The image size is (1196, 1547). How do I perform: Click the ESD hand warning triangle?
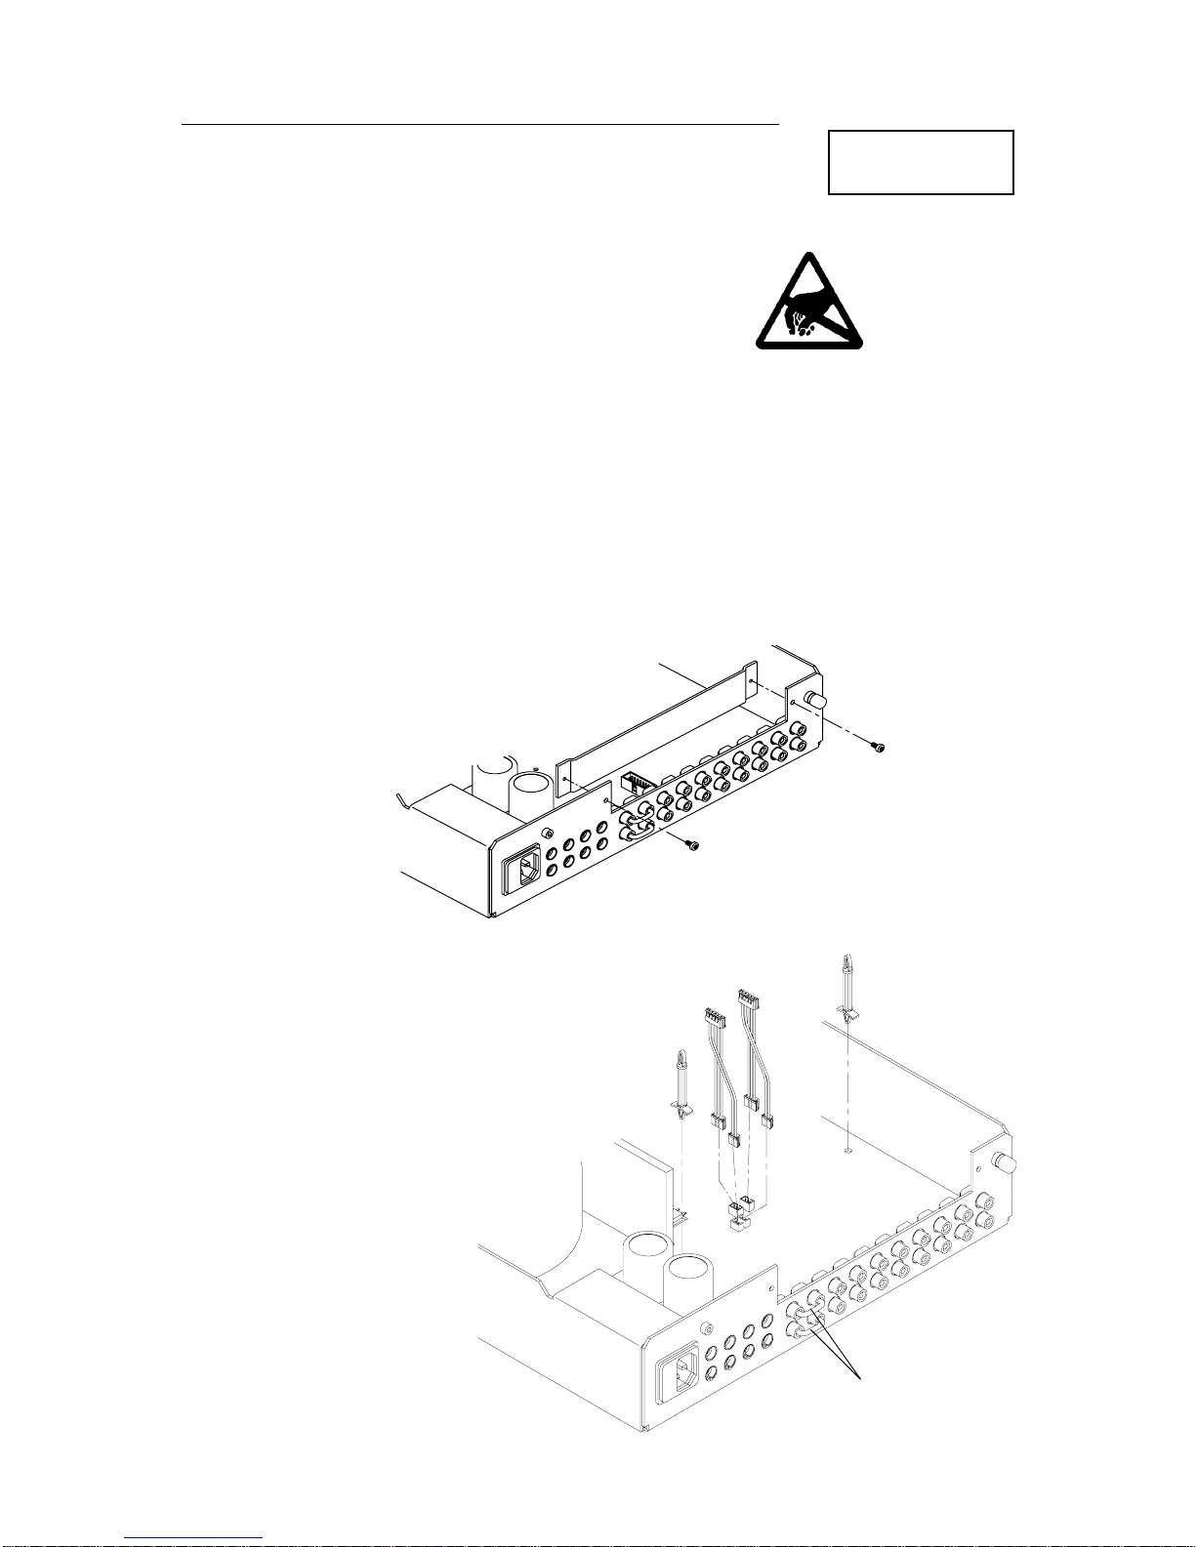click(x=808, y=305)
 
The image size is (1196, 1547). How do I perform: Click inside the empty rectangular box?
click(x=921, y=162)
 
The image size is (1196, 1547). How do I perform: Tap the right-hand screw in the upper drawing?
click(x=879, y=748)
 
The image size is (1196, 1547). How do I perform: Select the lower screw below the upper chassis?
click(x=693, y=847)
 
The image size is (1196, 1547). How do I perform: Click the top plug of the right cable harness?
click(x=748, y=998)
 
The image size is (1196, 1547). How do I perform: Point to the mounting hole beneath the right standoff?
click(x=846, y=1150)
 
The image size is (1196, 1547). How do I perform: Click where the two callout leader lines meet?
click(x=860, y=1376)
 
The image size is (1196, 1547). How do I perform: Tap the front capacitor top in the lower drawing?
click(x=691, y=1274)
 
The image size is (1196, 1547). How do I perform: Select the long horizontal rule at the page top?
click(x=480, y=125)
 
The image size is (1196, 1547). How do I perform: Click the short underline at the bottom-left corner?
click(x=193, y=1537)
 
